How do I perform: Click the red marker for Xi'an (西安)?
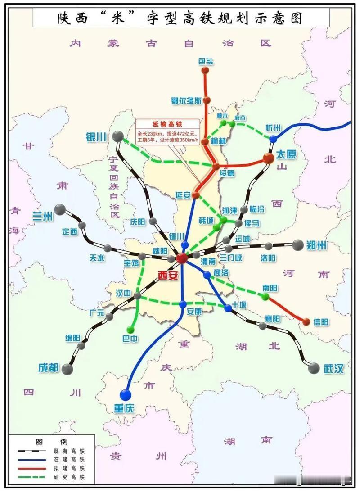point(182,258)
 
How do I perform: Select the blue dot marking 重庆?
point(126,395)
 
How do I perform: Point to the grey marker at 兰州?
point(60,210)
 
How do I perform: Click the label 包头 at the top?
point(206,61)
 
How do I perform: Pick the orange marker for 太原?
point(269,158)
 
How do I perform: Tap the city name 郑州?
point(317,245)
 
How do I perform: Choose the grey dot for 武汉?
point(314,368)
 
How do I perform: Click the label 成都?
point(49,368)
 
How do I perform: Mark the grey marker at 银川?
point(118,136)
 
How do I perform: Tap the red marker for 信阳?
point(306,322)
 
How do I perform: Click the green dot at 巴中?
point(131,329)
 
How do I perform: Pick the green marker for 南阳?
point(265,297)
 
